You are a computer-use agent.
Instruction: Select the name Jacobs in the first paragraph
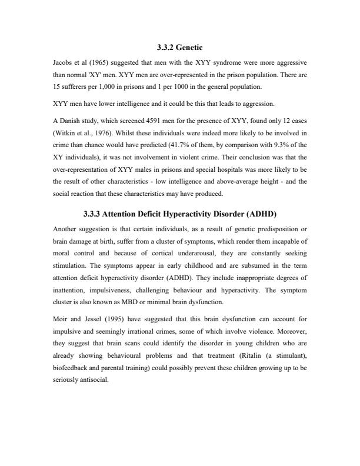[63, 61]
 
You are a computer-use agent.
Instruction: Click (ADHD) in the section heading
[256, 214]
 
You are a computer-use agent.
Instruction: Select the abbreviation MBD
[132, 302]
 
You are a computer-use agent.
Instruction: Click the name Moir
[61, 319]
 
